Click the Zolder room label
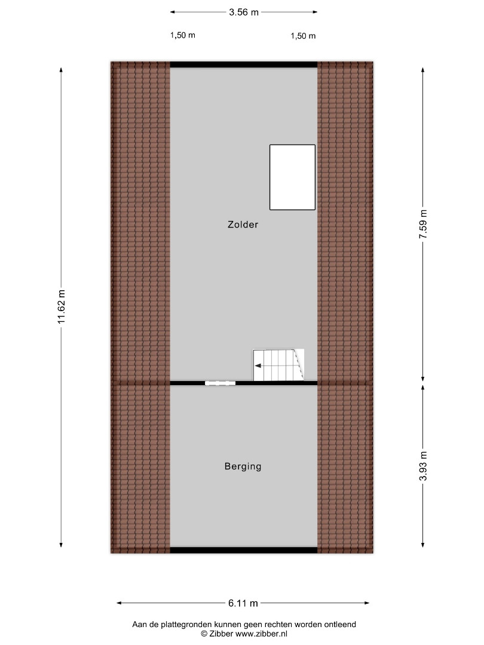pos(243,225)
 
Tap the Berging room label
pos(243,466)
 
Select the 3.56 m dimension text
pos(244,13)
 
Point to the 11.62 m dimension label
pos(62,306)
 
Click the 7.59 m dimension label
pos(423,224)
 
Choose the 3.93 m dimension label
pos(423,466)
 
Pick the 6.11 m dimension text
pos(243,603)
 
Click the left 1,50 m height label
pos(183,35)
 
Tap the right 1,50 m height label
pos(303,36)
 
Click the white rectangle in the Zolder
pos(292,177)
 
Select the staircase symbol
pos(278,365)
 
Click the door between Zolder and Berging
pos(220,383)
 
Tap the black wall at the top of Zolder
pos(244,64)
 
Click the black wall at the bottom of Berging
pos(244,550)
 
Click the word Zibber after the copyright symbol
pos(221,634)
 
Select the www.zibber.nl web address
pos(261,634)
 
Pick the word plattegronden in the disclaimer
pos(184,625)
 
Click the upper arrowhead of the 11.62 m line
pos(62,70)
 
